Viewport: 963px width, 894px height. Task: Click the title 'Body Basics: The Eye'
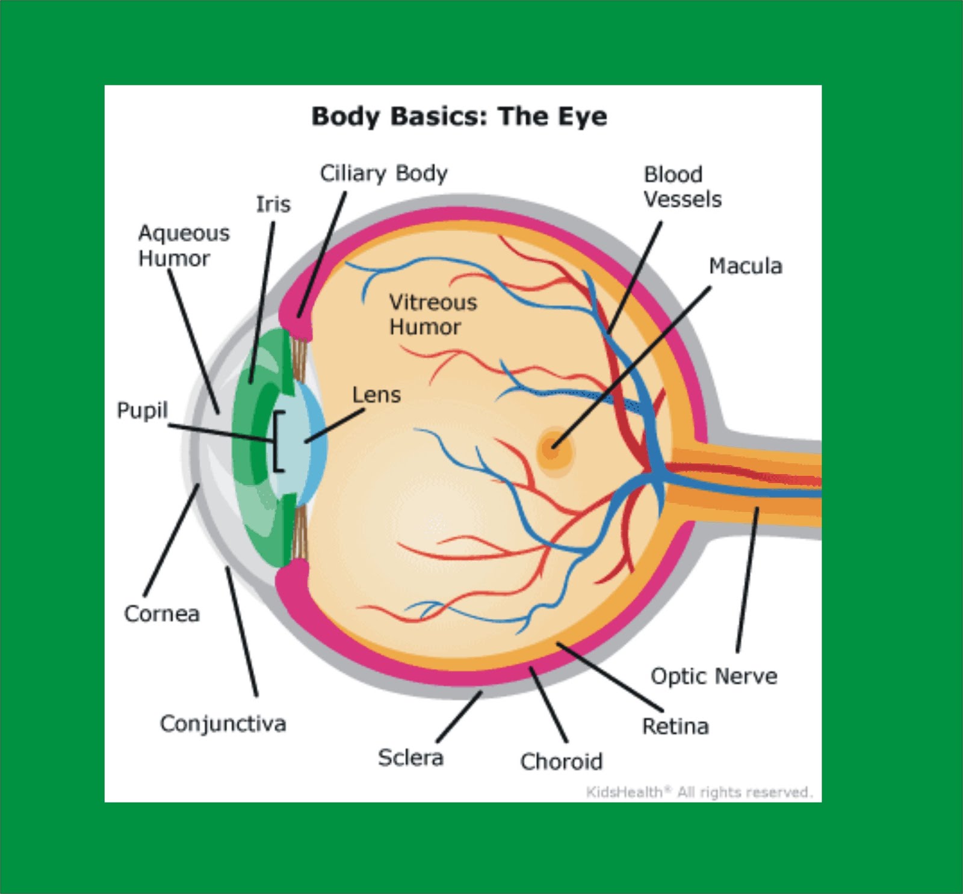pos(459,116)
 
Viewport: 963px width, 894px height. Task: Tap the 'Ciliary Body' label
pos(383,173)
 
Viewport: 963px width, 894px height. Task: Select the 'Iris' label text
pos(273,205)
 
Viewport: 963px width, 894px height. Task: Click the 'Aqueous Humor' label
pos(184,245)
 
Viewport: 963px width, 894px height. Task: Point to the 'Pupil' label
pos(142,410)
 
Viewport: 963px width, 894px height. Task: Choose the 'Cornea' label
pos(161,614)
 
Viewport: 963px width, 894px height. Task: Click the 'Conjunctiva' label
pos(223,724)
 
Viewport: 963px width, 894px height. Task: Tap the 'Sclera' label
pos(410,757)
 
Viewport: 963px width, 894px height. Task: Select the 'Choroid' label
pos(561,762)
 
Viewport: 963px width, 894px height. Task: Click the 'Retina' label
pos(675,727)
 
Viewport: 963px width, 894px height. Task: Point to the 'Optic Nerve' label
pos(714,676)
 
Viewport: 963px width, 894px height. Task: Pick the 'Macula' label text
pos(745,266)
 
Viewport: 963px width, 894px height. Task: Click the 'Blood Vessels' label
pos(682,187)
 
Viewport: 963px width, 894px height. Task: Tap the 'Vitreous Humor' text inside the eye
pos(433,314)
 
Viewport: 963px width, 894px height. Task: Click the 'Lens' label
pos(376,395)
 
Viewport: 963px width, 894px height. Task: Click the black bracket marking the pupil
pos(277,441)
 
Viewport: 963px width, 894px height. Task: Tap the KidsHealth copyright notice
pos(699,792)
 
